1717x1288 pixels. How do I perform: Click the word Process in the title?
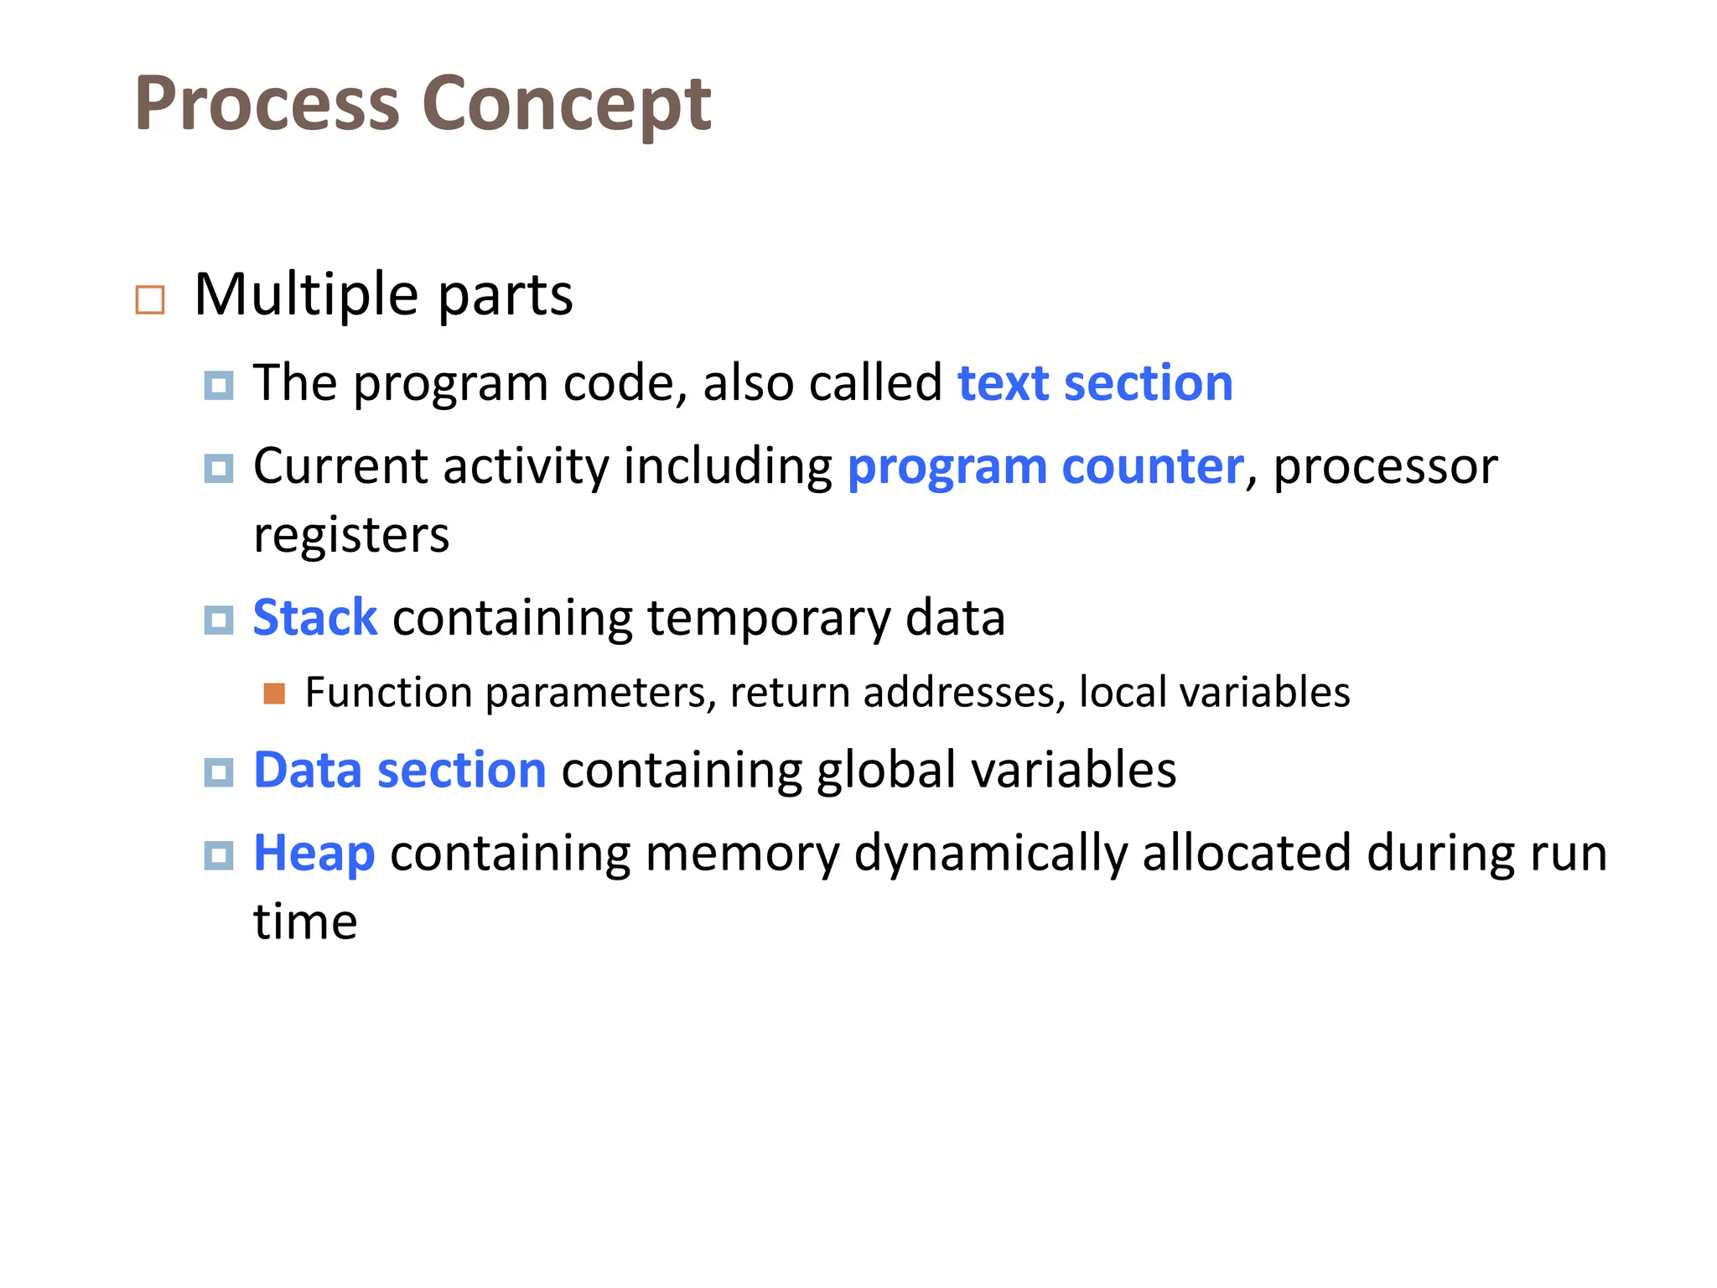point(267,104)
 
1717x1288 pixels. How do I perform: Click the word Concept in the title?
point(567,106)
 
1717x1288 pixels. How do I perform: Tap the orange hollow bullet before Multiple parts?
point(150,299)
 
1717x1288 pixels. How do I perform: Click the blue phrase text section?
point(1095,383)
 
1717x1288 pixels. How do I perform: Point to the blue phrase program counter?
point(1045,466)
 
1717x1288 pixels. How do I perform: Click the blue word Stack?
point(315,618)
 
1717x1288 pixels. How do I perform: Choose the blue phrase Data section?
point(400,770)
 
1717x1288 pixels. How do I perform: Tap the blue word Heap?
point(314,854)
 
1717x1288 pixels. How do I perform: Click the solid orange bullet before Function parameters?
point(274,693)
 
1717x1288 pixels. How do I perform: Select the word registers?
point(351,535)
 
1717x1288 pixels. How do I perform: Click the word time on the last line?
point(305,922)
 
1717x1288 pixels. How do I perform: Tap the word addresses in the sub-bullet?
point(964,693)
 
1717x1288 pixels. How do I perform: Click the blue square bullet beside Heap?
point(219,855)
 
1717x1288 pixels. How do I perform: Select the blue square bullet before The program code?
point(219,385)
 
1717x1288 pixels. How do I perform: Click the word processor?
point(1385,466)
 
